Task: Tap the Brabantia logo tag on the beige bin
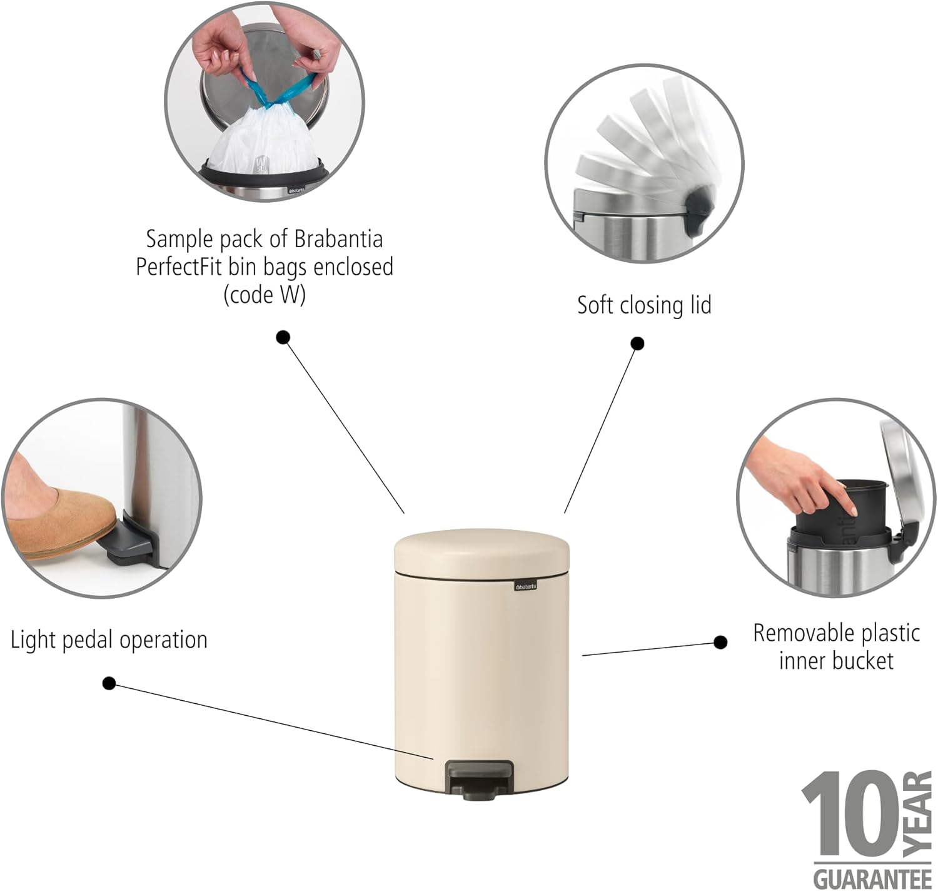point(526,586)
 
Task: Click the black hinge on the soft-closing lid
point(700,210)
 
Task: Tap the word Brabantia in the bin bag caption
point(338,239)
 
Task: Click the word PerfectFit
point(179,267)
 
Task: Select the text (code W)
point(265,295)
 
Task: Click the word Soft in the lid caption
point(597,305)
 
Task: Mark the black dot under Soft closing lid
point(637,344)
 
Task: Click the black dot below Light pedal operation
point(109,683)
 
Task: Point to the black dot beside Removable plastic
point(720,642)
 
